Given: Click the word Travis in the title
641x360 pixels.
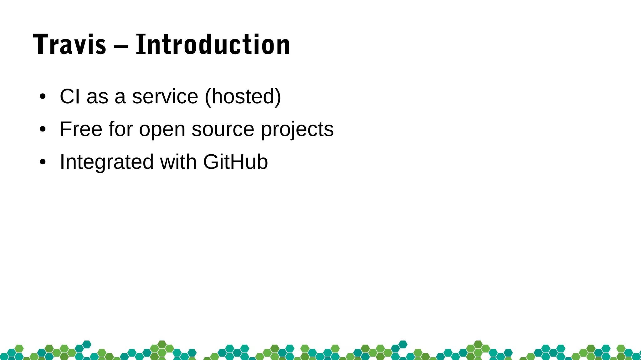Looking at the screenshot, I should click(x=69, y=45).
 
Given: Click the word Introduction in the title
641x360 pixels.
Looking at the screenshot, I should click(x=213, y=45).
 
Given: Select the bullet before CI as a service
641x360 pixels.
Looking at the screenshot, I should click(x=43, y=96).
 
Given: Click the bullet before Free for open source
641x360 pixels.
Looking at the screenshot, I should click(x=43, y=129).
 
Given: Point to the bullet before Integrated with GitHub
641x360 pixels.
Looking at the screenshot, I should click(x=43, y=162).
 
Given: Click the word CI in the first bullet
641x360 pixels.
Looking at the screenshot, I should click(x=70, y=96).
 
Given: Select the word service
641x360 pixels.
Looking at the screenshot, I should click(x=165, y=96).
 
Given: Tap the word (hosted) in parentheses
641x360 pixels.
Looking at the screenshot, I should click(x=243, y=96).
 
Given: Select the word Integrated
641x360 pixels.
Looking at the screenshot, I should click(x=107, y=162).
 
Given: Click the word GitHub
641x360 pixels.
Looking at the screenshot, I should click(x=235, y=162).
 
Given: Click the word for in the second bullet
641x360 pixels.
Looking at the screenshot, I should click(x=121, y=129).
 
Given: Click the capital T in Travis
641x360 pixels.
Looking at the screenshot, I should click(x=41, y=45).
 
